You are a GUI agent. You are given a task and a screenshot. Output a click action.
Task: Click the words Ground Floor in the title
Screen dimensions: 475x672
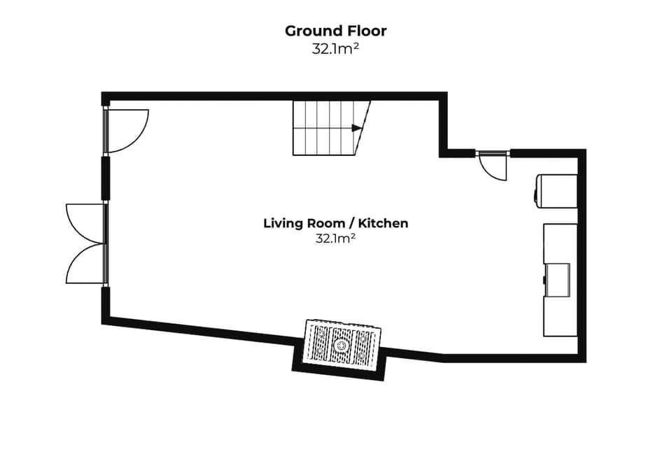pyautogui.click(x=335, y=31)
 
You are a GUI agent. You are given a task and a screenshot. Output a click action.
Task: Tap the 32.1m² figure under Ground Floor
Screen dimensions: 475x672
pyautogui.click(x=335, y=49)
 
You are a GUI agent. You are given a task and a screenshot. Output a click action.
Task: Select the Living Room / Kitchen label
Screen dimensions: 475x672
pyautogui.click(x=335, y=223)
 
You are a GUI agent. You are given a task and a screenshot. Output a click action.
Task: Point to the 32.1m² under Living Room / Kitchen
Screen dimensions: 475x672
pyautogui.click(x=335, y=239)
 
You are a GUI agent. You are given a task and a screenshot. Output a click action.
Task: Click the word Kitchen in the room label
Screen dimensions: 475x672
pyautogui.click(x=384, y=223)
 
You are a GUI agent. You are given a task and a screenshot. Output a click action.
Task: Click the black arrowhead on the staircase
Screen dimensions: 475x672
pyautogui.click(x=357, y=128)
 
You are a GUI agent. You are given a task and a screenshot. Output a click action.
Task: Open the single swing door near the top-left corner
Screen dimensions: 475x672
pyautogui.click(x=126, y=131)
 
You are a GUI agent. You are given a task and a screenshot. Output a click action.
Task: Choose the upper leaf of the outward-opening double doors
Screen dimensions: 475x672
pyautogui.click(x=84, y=222)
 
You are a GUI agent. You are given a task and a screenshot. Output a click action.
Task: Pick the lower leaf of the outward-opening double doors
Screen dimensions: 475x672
pyautogui.click(x=84, y=264)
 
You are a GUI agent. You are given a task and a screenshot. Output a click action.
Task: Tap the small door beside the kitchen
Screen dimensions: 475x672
pyautogui.click(x=492, y=166)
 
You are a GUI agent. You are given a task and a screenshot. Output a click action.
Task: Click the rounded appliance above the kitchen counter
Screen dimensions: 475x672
pyautogui.click(x=556, y=191)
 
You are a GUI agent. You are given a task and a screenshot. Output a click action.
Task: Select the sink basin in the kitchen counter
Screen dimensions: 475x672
pyautogui.click(x=559, y=279)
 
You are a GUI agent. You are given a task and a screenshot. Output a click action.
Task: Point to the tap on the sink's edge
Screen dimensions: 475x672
pyautogui.click(x=545, y=279)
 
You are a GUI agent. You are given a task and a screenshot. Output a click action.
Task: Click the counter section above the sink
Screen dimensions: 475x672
pyautogui.click(x=560, y=243)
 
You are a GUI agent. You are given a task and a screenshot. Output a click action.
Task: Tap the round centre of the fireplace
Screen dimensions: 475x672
pyautogui.click(x=342, y=345)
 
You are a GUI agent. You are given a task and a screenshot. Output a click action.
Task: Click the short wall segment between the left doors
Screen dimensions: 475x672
pyautogui.click(x=105, y=178)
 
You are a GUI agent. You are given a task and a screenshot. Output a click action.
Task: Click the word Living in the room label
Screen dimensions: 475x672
pyautogui.click(x=283, y=223)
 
